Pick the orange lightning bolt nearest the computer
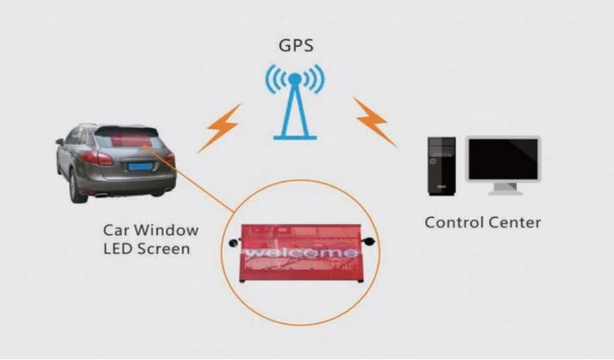373,121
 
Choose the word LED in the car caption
117,248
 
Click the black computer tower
440,165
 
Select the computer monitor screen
504,158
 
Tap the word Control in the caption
453,222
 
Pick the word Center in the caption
514,222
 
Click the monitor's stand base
504,191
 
